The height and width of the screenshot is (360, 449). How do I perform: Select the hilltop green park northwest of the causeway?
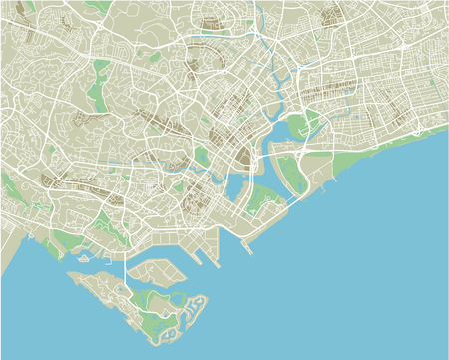[x=100, y=214]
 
